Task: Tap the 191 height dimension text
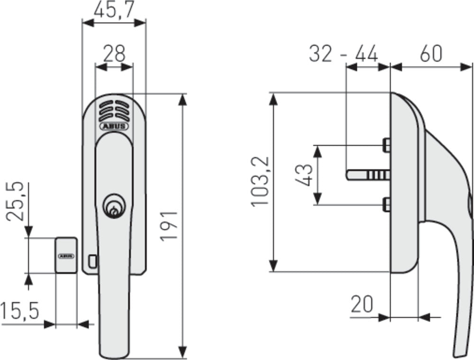click(169, 225)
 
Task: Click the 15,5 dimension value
click(19, 311)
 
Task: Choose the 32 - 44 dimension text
click(343, 54)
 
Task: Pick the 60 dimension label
click(431, 54)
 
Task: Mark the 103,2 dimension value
click(260, 180)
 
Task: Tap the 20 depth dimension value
click(363, 305)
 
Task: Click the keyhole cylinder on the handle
click(112, 207)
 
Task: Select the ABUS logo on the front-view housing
click(114, 126)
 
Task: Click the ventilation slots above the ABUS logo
click(114, 111)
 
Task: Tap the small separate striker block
click(66, 255)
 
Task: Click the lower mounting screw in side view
click(386, 204)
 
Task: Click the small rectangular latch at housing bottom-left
click(92, 260)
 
